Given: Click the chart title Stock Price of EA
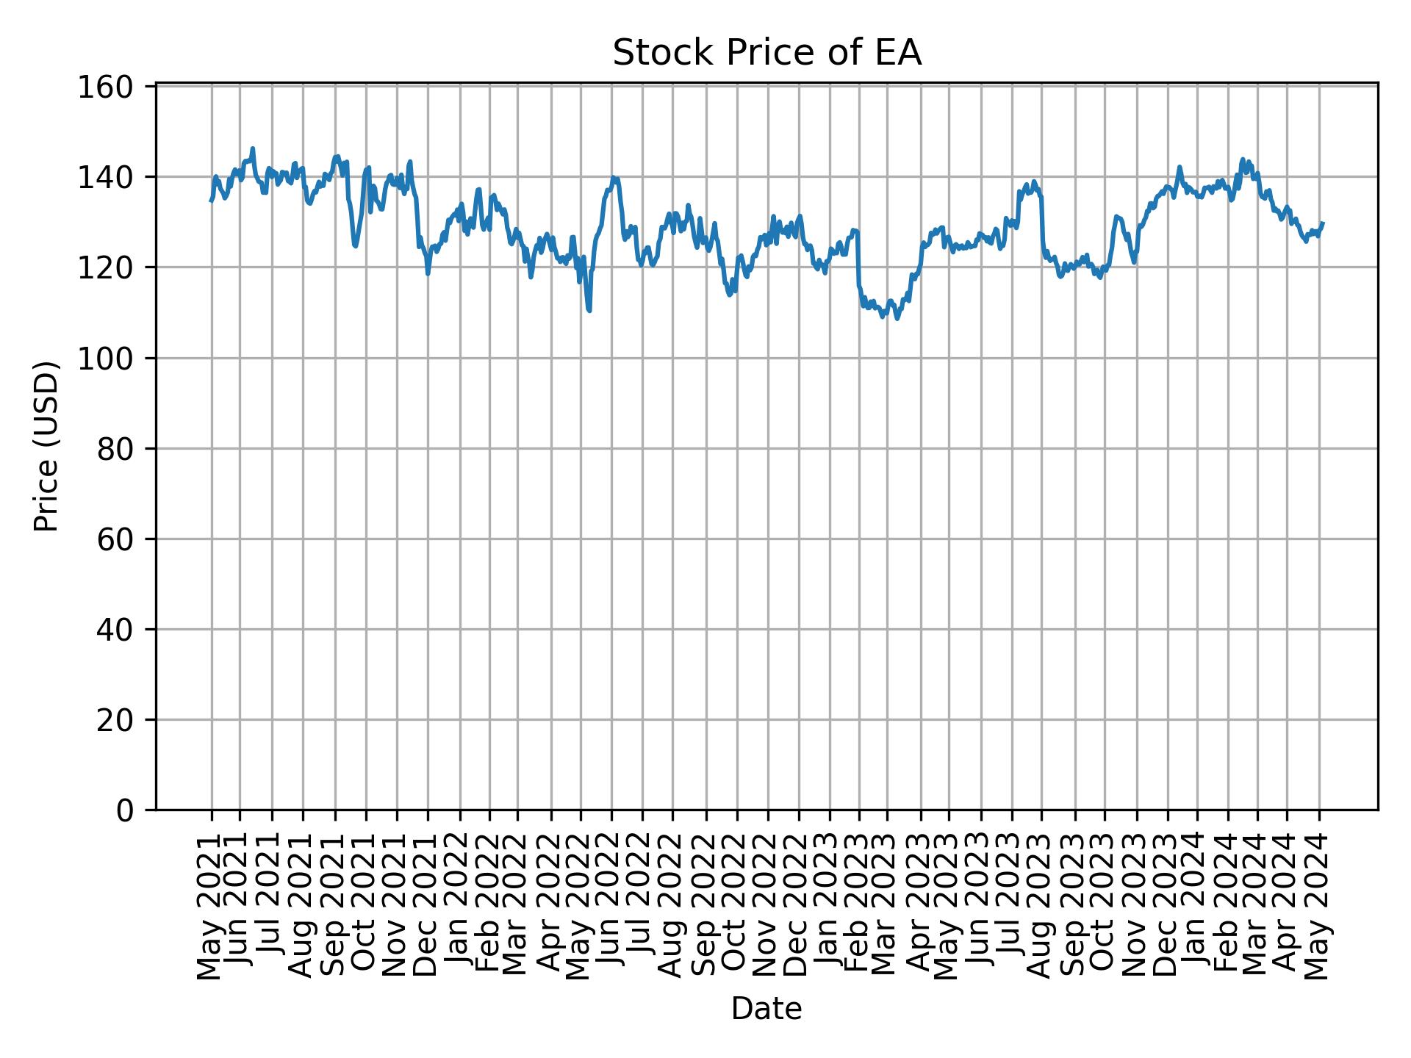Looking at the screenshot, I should click(x=766, y=54).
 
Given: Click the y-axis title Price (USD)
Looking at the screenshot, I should click(x=46, y=446).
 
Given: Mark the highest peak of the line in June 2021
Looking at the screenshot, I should click(x=253, y=148).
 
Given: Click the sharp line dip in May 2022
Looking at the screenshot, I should click(x=589, y=310).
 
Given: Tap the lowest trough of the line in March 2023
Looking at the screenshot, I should click(x=897, y=318).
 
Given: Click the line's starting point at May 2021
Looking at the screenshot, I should click(x=211, y=201).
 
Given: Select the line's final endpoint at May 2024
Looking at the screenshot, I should click(x=1323, y=223).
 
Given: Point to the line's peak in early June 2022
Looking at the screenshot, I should click(x=614, y=177).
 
